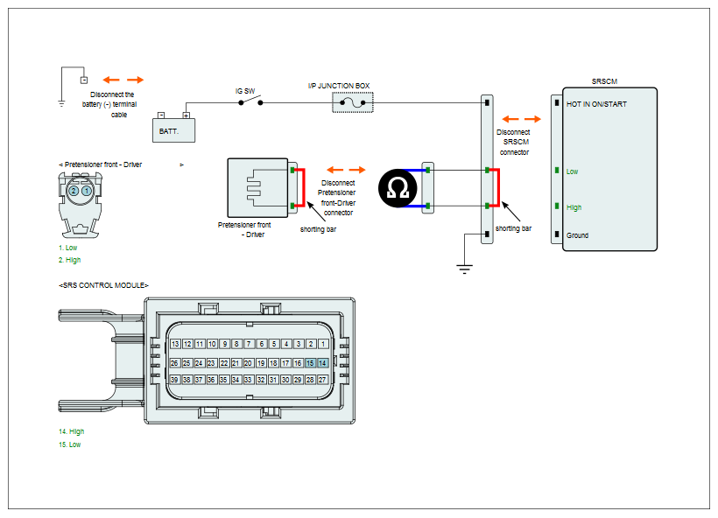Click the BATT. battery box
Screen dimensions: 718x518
(x=173, y=130)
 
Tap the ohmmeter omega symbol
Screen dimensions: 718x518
(x=398, y=188)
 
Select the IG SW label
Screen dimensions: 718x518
(x=245, y=91)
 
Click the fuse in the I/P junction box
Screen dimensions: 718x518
(x=353, y=102)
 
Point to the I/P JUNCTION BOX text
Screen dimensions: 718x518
(x=338, y=86)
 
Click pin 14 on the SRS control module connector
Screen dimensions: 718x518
(x=322, y=363)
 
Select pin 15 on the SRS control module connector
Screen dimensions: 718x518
(x=310, y=363)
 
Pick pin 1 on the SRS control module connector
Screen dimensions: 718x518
(x=323, y=344)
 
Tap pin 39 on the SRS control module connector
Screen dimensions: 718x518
(x=174, y=380)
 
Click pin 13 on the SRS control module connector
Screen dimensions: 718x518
(x=175, y=344)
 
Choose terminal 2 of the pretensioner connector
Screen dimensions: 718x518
(x=74, y=191)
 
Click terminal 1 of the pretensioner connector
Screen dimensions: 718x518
(x=87, y=191)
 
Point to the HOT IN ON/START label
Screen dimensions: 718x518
(x=596, y=104)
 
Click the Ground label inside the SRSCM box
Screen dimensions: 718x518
(x=577, y=235)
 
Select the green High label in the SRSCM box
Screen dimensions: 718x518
(x=574, y=207)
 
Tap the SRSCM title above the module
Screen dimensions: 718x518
(x=604, y=81)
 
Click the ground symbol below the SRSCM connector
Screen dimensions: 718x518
(x=464, y=269)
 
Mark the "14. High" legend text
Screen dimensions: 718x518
(x=72, y=431)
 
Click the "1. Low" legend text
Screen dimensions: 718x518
(x=67, y=248)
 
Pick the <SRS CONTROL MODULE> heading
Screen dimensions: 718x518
(x=103, y=285)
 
